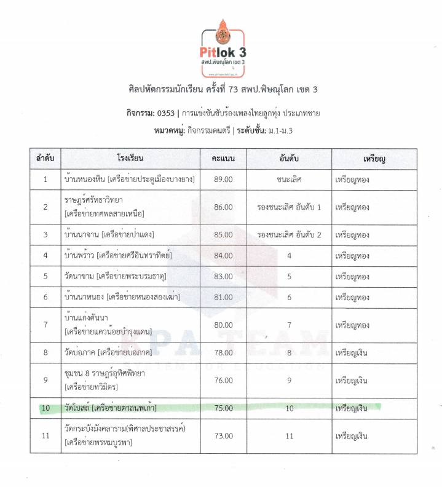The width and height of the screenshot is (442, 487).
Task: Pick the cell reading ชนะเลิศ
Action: coord(289,180)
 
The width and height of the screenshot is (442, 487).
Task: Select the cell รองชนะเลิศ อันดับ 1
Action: coord(289,207)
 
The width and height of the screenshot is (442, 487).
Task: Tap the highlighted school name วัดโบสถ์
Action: coord(77,407)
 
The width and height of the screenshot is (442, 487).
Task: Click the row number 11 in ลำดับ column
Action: coord(45,436)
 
